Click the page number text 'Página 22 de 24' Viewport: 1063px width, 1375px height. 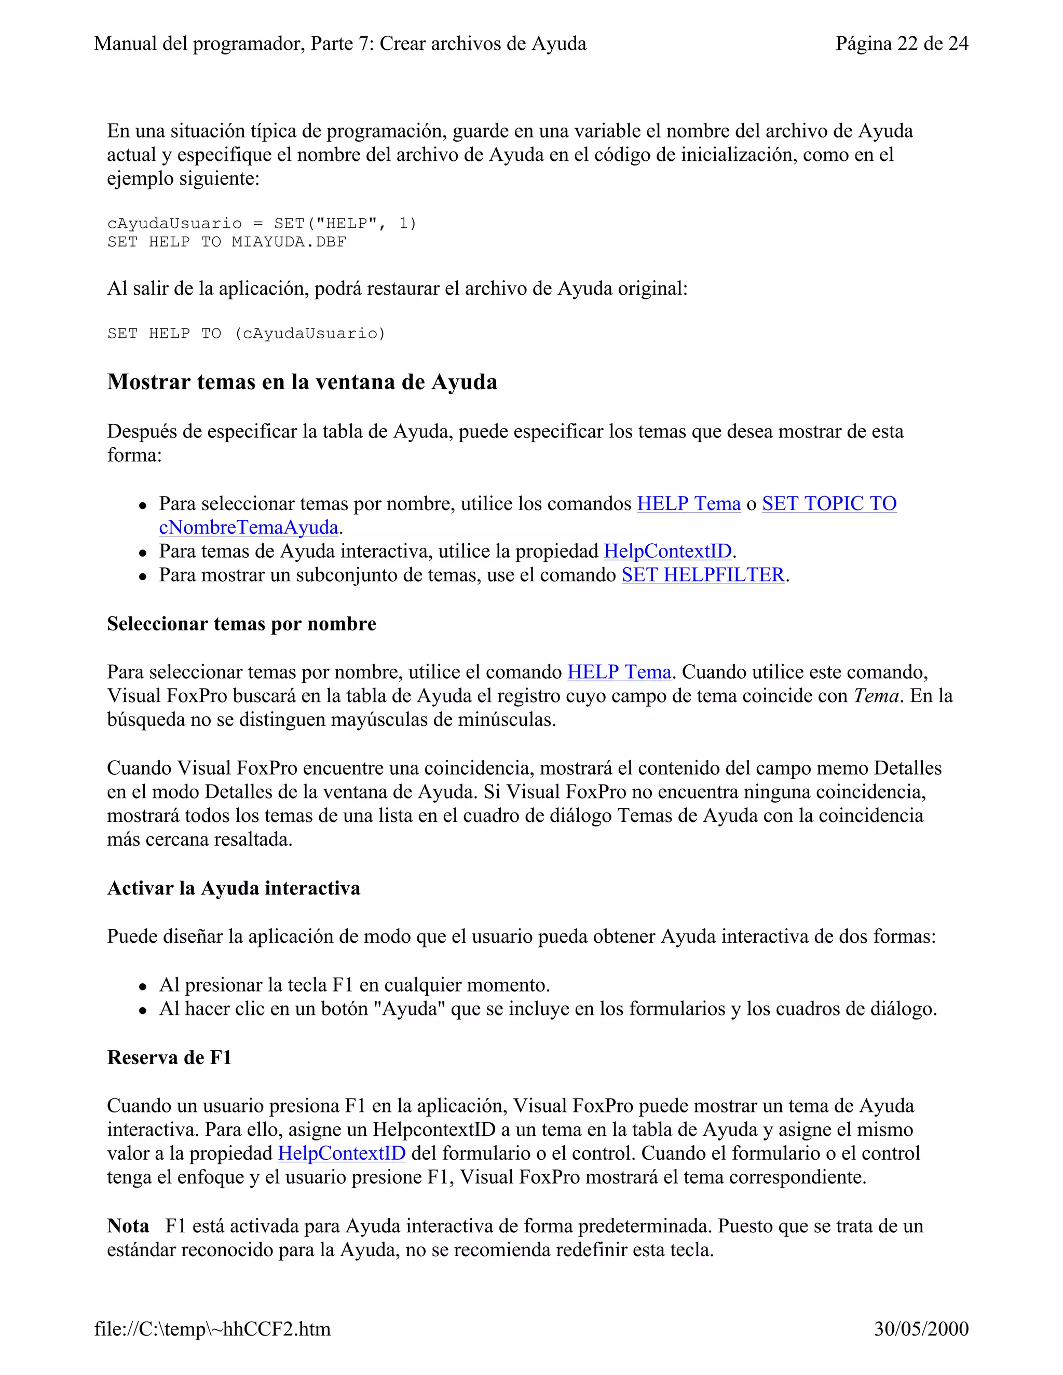coord(901,44)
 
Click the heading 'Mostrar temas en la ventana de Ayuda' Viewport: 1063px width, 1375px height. coord(302,382)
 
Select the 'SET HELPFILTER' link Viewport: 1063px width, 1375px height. coord(703,575)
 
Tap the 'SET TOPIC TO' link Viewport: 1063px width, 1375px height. coord(829,504)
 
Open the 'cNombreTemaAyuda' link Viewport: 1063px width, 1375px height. coord(249,527)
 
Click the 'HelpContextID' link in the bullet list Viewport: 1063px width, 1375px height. coord(667,552)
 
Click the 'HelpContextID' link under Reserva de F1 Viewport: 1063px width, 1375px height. coord(342,1153)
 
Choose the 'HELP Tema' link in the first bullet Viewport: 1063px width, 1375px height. coord(688,504)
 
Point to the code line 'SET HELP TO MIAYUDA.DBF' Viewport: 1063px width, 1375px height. coord(227,242)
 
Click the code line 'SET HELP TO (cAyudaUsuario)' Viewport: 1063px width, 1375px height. coord(246,334)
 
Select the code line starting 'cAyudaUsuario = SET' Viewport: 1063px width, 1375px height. coord(262,224)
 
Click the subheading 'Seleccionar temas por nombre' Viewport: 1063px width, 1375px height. coord(242,624)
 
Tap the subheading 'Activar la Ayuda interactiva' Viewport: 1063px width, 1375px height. coord(234,888)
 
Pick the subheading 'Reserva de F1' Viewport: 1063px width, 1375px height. coord(169,1057)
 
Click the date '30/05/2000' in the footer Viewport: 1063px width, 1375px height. coord(921,1329)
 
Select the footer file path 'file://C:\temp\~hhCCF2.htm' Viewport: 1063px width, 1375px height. coord(212,1329)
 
